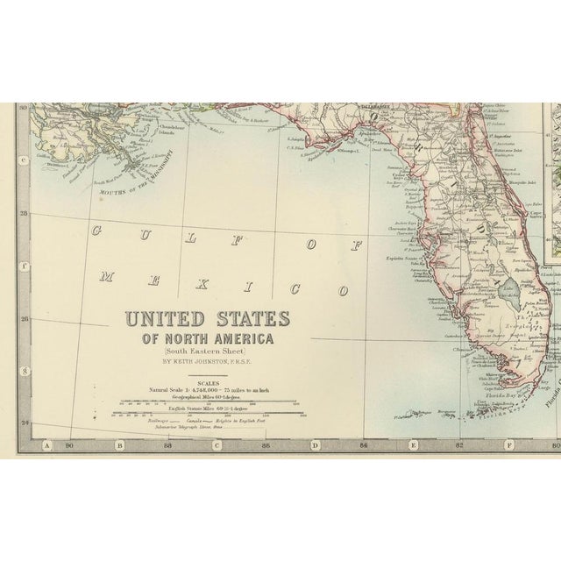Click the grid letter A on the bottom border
coord(49,444)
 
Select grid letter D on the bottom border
coord(315,444)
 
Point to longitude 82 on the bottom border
coord(459,444)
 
